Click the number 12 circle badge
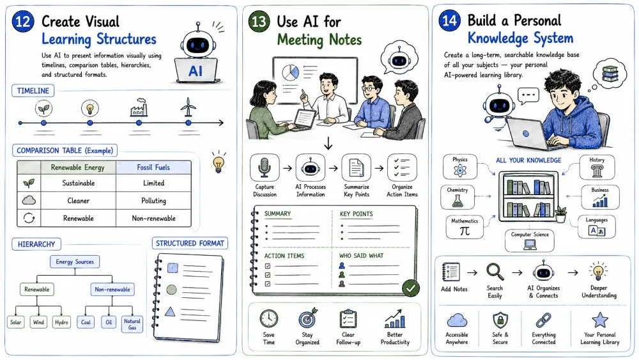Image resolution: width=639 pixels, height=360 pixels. [23, 21]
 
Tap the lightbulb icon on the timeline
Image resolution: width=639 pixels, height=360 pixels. [89, 109]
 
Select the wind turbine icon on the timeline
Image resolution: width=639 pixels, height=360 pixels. [188, 107]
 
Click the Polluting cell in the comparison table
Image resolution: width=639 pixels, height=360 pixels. [153, 201]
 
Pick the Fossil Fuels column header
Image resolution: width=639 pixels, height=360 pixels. [153, 167]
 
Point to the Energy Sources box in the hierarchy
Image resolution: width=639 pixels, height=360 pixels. [75, 262]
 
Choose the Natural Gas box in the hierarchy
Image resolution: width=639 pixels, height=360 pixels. [132, 324]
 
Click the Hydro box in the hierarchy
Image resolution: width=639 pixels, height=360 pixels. [61, 322]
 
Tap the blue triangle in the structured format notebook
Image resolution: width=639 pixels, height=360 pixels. [170, 312]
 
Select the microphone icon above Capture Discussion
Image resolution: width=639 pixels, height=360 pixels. [265, 168]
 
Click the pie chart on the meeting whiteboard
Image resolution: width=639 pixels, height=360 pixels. [290, 72]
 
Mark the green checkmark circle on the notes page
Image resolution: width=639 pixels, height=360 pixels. [411, 288]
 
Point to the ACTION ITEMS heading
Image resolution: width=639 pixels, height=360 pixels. [284, 256]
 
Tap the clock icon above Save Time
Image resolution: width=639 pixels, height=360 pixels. [269, 319]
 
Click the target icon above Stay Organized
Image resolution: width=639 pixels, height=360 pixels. [308, 319]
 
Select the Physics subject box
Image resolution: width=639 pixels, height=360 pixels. [459, 167]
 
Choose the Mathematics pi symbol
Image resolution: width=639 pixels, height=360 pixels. [465, 231]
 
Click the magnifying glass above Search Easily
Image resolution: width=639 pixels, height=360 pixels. [495, 272]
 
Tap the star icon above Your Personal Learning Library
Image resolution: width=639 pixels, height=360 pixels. [600, 320]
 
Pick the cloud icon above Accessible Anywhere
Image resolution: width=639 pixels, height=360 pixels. [457, 320]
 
